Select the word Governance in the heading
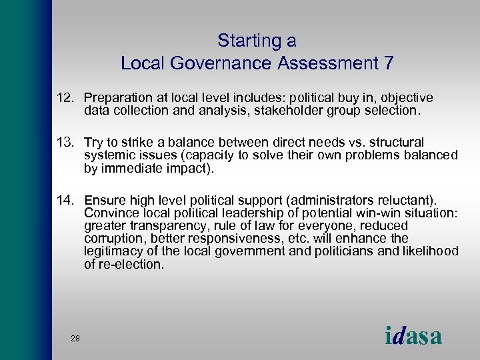pos(212,64)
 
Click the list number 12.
pos(67,98)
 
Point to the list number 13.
pos(67,143)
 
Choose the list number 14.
pos(67,200)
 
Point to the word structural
pos(391,143)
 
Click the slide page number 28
pos(75,339)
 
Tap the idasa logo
pos(413,335)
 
